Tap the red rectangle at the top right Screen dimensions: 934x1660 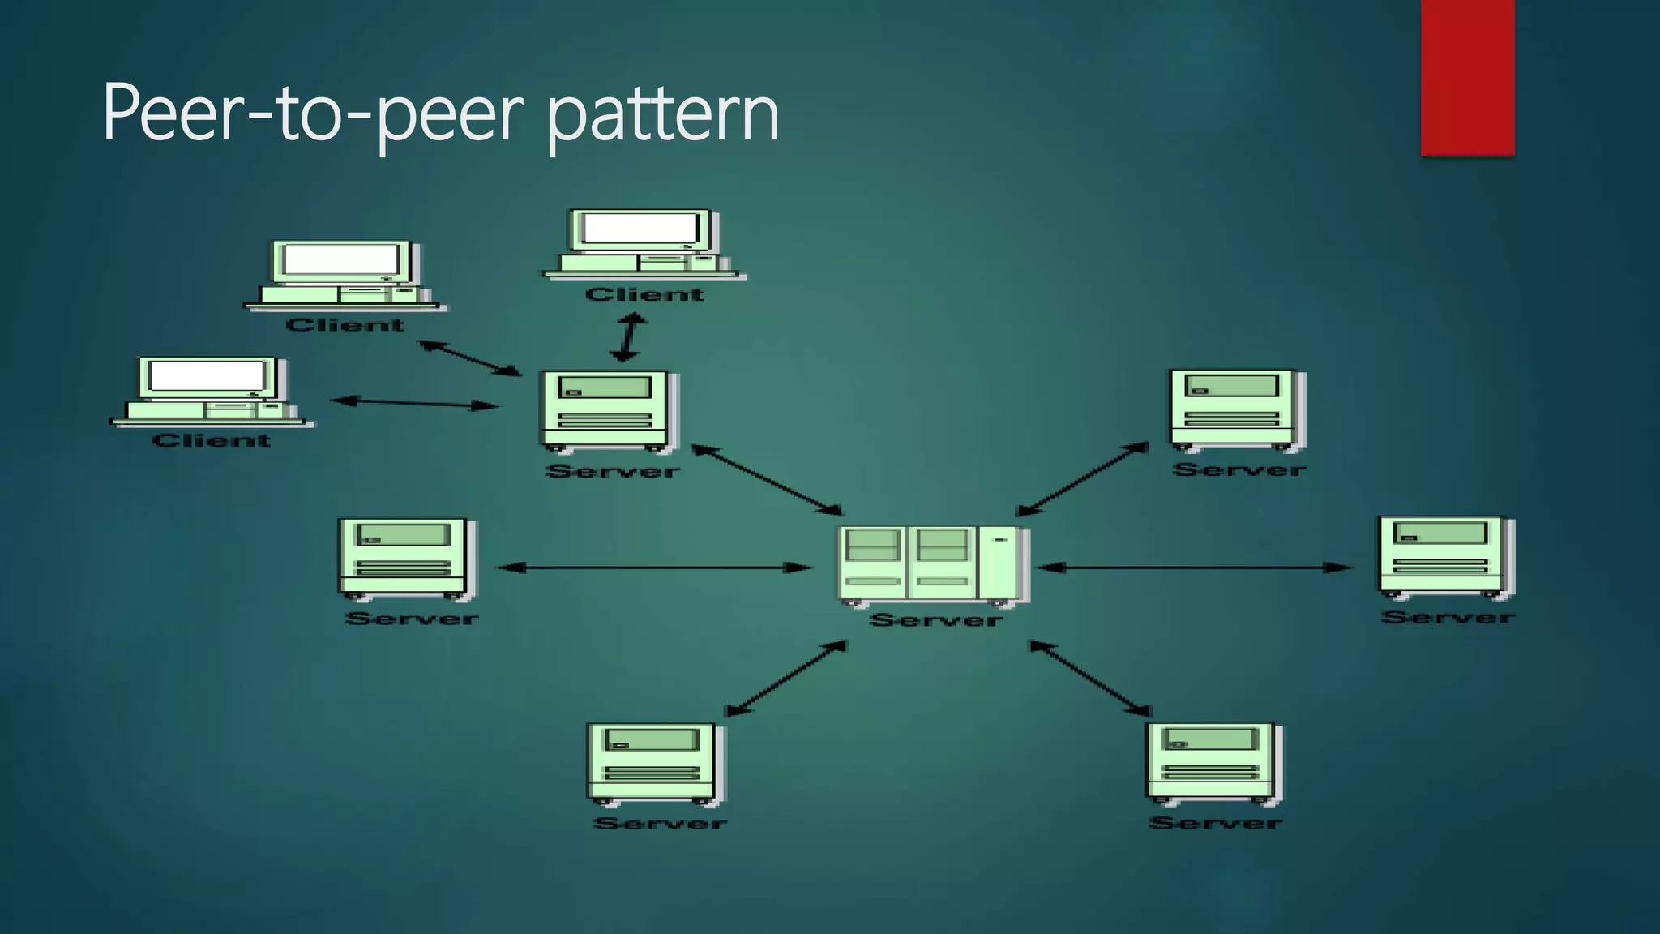(1467, 77)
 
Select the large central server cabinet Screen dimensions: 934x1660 (932, 564)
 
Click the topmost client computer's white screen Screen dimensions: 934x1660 (640, 229)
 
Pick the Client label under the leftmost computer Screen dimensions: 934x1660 (212, 441)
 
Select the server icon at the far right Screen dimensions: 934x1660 (1446, 558)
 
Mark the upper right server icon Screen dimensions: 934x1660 (1237, 410)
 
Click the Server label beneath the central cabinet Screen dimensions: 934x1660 (935, 621)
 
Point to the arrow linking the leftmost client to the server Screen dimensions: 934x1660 (415, 403)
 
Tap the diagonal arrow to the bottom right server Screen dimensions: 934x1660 (1089, 678)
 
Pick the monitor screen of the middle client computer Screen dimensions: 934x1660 (340, 259)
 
